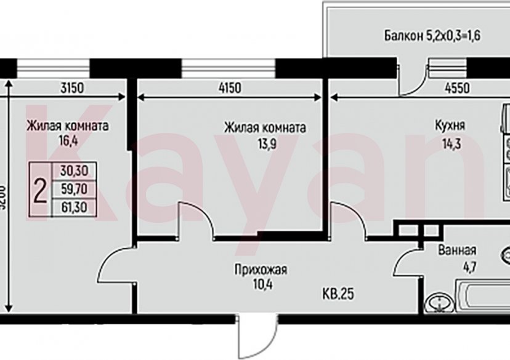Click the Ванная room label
click(456, 250)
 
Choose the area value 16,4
click(68, 139)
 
